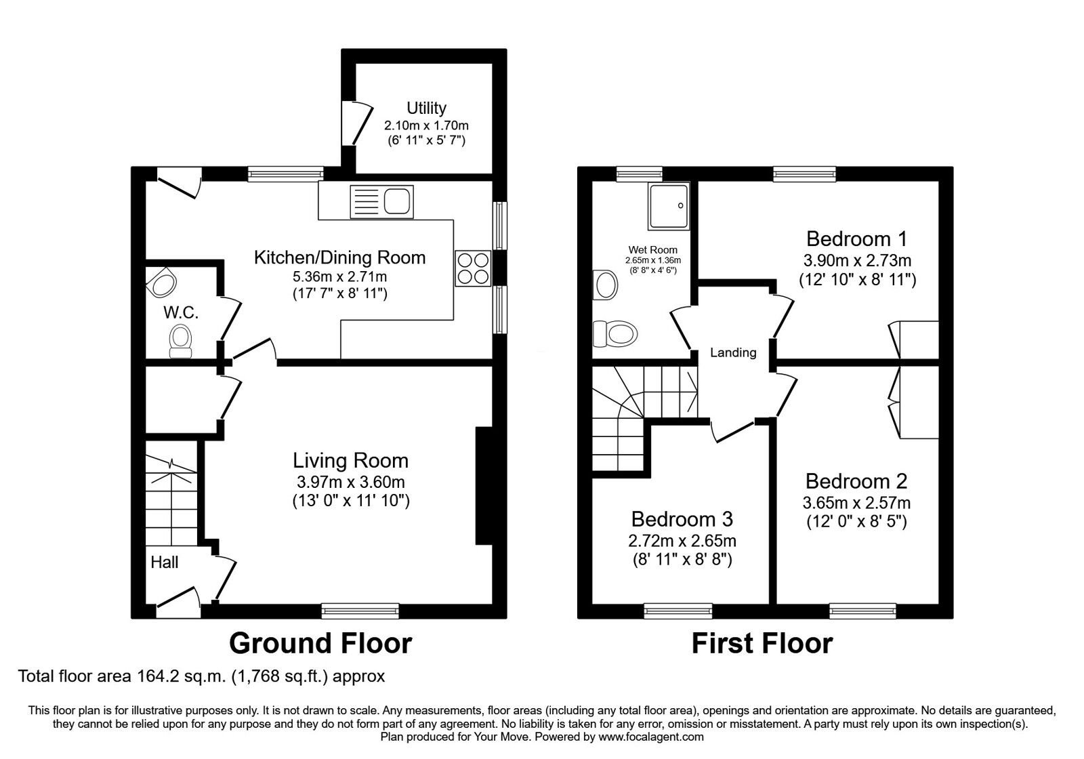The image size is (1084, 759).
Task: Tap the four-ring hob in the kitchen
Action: tap(473, 268)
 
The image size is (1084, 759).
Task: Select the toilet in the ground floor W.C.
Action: tap(180, 340)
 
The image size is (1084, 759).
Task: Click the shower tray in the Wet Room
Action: tap(668, 205)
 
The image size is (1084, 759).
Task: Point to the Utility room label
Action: tap(426, 108)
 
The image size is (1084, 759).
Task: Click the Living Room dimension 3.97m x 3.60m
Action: tap(350, 482)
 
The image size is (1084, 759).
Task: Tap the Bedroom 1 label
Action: tap(856, 239)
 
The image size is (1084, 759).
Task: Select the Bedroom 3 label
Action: tap(682, 519)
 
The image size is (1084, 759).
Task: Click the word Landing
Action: tap(733, 352)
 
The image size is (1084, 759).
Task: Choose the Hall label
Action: tap(165, 562)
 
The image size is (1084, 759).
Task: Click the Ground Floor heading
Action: tap(320, 642)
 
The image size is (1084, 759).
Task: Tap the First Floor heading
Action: tap(762, 642)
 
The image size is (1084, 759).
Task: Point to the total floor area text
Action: tap(201, 676)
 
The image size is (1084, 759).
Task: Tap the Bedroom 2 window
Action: tap(862, 611)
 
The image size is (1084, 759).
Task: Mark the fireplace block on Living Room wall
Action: tap(484, 485)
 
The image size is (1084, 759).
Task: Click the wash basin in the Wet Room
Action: tap(605, 285)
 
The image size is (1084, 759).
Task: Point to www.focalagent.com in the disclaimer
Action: tap(651, 737)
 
